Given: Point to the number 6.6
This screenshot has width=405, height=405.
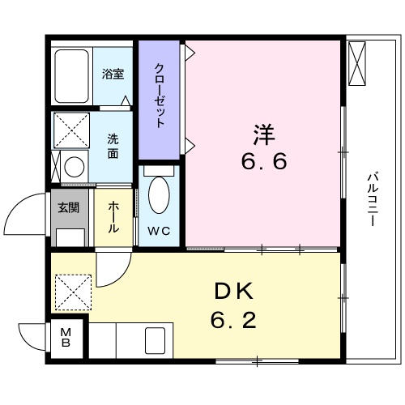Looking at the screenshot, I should point(262,161).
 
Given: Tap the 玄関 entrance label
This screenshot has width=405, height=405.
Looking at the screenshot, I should point(67,207).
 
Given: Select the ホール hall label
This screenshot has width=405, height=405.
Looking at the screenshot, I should point(113,217).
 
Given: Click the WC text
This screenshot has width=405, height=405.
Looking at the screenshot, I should point(159,231).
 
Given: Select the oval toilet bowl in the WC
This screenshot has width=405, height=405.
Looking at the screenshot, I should point(160,195).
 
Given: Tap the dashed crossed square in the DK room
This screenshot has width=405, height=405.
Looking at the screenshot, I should point(74,291).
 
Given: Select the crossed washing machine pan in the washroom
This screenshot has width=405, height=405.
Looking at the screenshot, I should point(70,130).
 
